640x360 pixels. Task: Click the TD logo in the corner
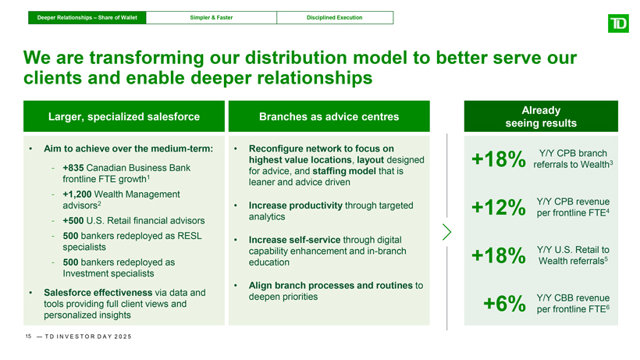[617, 23]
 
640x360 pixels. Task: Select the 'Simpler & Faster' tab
[211, 17]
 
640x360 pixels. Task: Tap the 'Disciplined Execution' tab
[333, 17]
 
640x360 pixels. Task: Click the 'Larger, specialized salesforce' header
[124, 117]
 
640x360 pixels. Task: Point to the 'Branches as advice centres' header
[329, 117]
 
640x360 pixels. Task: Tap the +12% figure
[498, 209]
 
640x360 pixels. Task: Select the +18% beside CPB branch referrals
[498, 160]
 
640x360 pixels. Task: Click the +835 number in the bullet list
[75, 168]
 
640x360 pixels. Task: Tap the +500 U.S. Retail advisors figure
[75, 220]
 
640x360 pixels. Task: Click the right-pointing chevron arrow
[447, 232]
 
